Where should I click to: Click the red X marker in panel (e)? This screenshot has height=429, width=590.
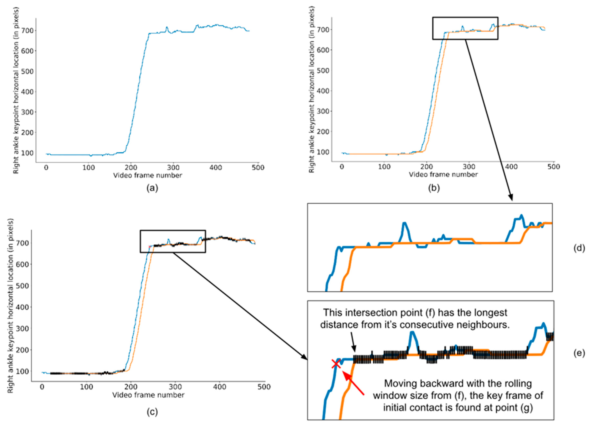tap(336, 364)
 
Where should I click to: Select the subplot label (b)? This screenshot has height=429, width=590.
tap(434, 188)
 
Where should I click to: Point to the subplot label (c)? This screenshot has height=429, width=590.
tap(152, 412)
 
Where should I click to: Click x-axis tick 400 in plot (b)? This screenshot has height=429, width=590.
tap(511, 167)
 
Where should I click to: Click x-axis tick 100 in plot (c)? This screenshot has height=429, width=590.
tap(86, 387)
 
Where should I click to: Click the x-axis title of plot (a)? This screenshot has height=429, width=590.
tap(147, 176)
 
